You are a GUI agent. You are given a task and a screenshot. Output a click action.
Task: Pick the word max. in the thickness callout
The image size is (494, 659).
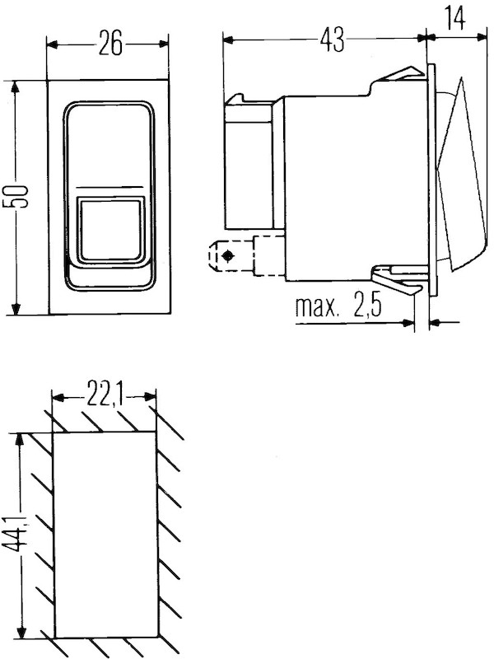316,309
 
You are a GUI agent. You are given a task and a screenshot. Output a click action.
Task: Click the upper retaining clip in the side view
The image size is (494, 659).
402,76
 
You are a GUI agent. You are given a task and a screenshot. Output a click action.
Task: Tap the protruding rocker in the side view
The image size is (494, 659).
457,177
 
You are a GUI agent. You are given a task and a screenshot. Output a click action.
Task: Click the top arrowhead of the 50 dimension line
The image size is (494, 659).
15,85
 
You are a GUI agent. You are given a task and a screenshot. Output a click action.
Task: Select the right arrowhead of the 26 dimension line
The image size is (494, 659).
167,44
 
